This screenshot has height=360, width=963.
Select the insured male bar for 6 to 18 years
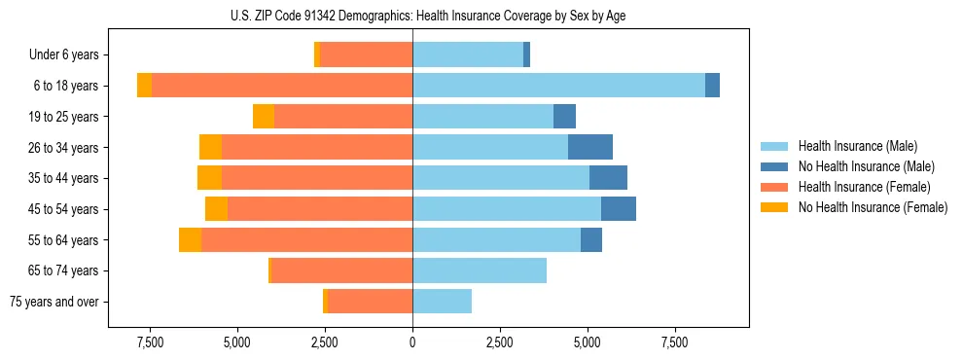558,86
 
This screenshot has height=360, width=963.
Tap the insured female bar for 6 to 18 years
282,86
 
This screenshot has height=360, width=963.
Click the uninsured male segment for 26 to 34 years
590,147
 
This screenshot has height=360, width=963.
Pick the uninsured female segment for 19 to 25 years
264,117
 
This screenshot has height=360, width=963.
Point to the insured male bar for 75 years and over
442,302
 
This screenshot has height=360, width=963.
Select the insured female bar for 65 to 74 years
341,270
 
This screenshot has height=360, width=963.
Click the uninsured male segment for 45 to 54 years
619,209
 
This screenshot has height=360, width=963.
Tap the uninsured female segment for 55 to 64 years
190,240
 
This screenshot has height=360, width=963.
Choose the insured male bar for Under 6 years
468,54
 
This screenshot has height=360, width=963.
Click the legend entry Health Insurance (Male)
857,146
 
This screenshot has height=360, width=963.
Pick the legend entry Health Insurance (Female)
863,187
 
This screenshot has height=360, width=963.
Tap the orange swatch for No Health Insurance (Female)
774,207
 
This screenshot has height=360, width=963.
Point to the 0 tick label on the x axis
412,342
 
